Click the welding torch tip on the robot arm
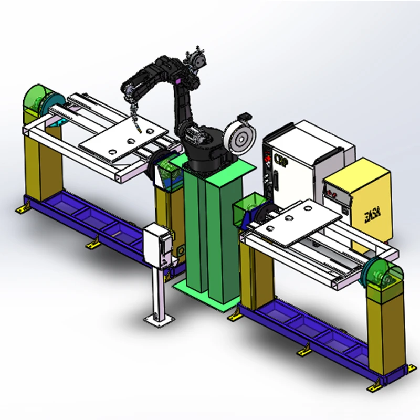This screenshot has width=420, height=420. (138, 128)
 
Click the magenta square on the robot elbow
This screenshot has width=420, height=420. (180, 80)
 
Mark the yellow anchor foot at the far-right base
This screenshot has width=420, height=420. (374, 387)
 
